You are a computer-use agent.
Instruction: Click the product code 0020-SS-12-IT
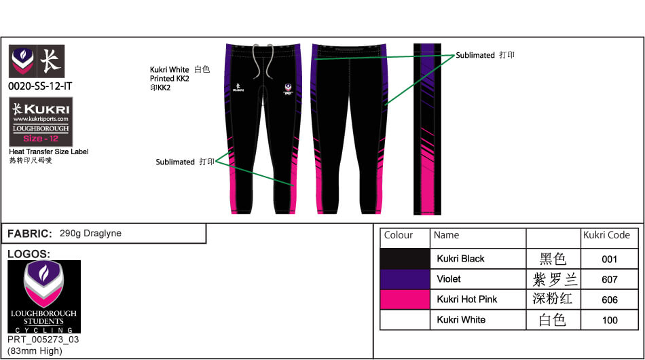pos(40,86)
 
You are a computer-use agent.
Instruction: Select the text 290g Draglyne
pos(90,233)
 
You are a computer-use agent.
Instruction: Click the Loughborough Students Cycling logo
pos(44,296)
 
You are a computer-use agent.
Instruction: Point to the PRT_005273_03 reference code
pos(43,340)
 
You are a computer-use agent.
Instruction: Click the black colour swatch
pos(405,258)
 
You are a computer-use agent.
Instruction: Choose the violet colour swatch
pos(405,278)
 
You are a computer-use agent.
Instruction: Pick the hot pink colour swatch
pos(405,299)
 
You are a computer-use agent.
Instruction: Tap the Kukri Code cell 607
pos(609,279)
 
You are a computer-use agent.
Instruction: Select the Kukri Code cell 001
pos(609,259)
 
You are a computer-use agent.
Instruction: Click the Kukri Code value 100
pos(609,320)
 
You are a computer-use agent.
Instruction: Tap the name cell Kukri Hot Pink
pos(466,299)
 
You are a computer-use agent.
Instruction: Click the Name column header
pos(447,235)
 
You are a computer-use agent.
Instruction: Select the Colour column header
pos(399,235)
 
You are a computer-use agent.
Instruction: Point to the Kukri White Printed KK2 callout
pos(170,78)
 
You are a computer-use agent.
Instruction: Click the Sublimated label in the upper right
pos(475,55)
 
